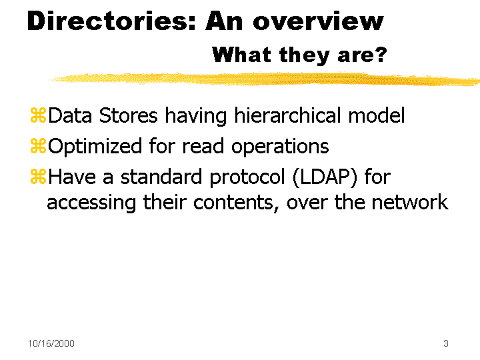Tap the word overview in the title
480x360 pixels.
click(318, 21)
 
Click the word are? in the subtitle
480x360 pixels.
click(362, 55)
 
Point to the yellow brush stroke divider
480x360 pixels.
click(264, 79)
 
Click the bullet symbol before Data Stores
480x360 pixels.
click(38, 115)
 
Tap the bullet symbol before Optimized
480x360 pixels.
click(38, 146)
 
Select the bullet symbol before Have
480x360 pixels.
click(38, 177)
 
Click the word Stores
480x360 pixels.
click(128, 115)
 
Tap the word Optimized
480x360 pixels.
click(95, 146)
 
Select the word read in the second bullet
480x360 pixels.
click(203, 146)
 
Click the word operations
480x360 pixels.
click(280, 147)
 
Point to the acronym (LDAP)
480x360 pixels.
click(325, 177)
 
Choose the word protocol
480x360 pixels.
click(247, 177)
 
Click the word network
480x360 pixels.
click(410, 202)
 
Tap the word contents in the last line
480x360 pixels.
click(236, 203)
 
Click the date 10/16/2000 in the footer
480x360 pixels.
click(51, 343)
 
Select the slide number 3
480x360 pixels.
click(446, 343)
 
